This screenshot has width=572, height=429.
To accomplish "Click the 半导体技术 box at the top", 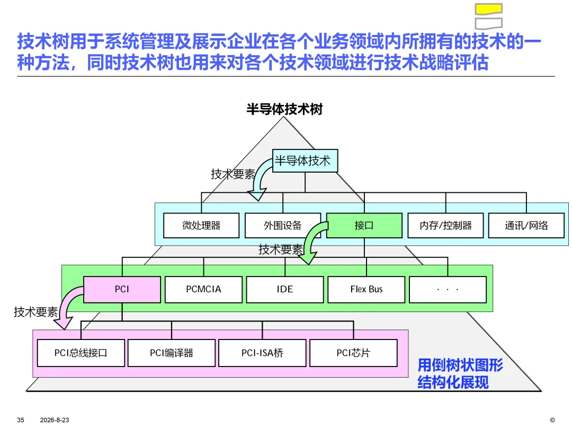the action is [x=305, y=160].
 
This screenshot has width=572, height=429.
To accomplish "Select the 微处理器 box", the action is [x=201, y=226].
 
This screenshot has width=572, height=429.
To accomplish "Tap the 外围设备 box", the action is [x=283, y=226].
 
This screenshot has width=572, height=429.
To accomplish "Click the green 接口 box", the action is [x=364, y=226].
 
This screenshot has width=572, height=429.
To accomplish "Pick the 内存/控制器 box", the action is [x=445, y=226].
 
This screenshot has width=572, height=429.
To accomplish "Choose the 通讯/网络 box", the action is [x=526, y=226].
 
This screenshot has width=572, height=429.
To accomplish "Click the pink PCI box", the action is [x=122, y=289].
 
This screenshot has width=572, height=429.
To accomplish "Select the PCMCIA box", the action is [x=203, y=289].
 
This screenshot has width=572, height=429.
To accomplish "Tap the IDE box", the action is [x=285, y=289].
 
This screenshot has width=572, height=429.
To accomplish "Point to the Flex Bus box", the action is [x=367, y=289].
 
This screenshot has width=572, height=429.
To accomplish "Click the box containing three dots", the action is [x=448, y=289].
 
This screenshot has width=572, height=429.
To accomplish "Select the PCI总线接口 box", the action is [x=81, y=353].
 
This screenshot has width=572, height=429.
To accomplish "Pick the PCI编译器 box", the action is [x=172, y=353].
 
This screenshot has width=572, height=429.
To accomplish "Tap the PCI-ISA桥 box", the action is [x=262, y=353].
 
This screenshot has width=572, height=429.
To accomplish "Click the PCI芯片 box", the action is [x=353, y=353].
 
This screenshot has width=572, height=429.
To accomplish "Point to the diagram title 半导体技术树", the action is [x=284, y=109].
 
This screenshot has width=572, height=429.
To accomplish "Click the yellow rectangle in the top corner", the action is [x=489, y=9].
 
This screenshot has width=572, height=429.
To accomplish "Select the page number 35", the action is [x=21, y=420].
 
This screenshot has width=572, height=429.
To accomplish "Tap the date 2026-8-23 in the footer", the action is [x=55, y=420].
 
